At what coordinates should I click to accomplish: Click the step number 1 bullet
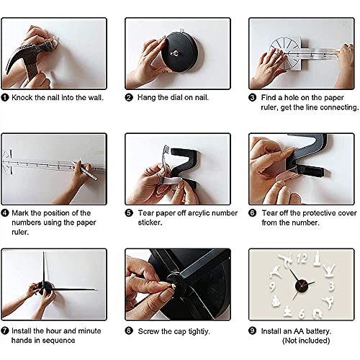click(5, 97)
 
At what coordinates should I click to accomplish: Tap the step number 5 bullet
click(129, 213)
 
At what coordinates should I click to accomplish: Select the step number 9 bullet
click(253, 331)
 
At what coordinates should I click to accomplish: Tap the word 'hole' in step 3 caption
click(292, 97)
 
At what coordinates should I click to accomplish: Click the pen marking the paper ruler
click(84, 171)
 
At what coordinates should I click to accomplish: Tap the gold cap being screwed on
click(172, 285)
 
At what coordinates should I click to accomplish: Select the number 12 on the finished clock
click(302, 259)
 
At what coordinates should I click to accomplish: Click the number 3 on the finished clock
click(331, 287)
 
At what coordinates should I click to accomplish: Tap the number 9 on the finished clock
click(272, 286)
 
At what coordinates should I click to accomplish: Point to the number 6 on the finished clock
click(302, 313)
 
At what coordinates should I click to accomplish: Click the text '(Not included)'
click(306, 341)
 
